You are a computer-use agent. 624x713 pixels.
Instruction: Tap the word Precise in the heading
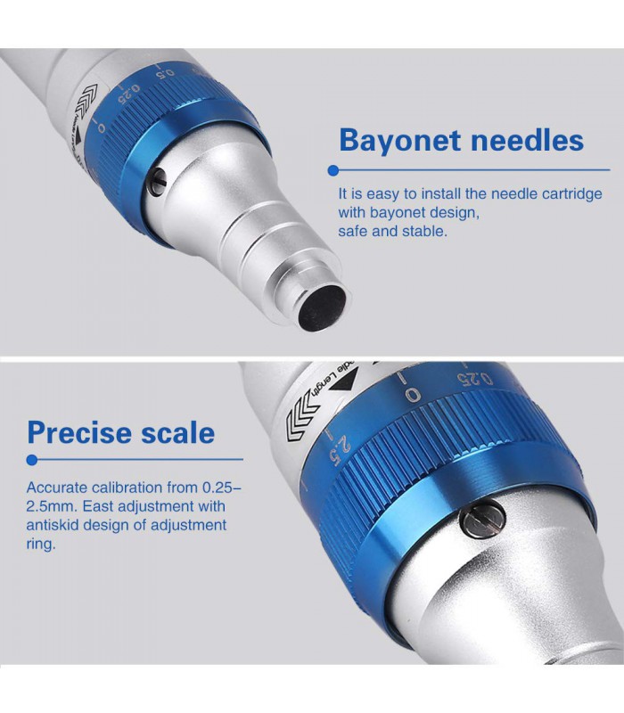coord(79,432)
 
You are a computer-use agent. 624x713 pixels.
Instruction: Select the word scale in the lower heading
coord(177,432)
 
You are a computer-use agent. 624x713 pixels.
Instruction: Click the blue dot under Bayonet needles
coord(333,170)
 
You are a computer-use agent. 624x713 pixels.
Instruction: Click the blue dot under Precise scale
coord(32,460)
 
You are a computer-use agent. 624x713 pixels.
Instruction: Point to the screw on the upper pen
coord(158,182)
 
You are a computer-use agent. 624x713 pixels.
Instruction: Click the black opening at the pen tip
coord(323,307)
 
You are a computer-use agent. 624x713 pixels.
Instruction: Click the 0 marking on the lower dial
coord(413,395)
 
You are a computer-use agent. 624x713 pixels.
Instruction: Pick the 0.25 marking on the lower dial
coord(475,378)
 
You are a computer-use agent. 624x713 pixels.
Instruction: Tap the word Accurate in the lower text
coord(57,488)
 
